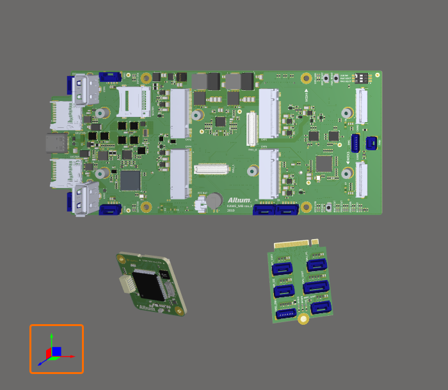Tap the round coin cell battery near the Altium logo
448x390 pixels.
213,200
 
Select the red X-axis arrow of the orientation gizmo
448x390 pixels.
70,356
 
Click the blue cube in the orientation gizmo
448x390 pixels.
56,352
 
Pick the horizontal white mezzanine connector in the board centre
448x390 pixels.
212,169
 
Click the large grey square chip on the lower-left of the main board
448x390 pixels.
130,180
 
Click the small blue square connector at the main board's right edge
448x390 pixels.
371,142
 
